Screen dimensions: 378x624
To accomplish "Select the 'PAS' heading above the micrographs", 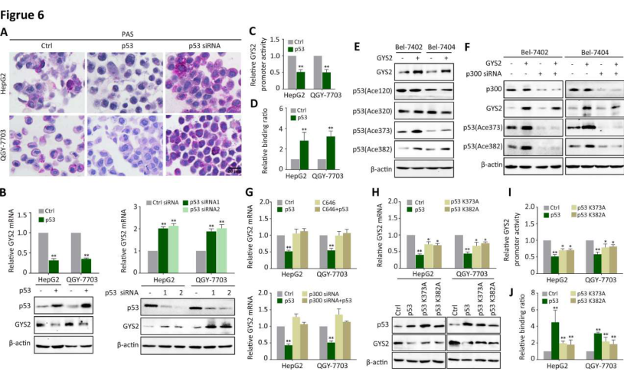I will tap(128, 34).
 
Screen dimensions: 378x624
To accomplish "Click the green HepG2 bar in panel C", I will tap(279, 80).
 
